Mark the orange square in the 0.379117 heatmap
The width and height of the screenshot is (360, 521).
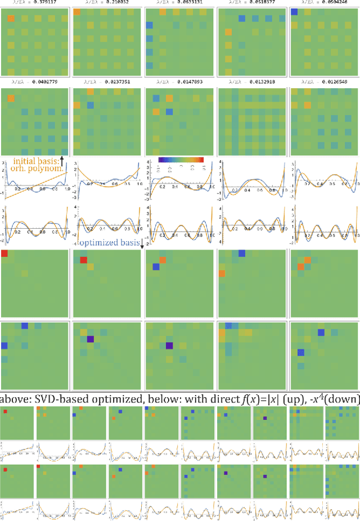11,20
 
